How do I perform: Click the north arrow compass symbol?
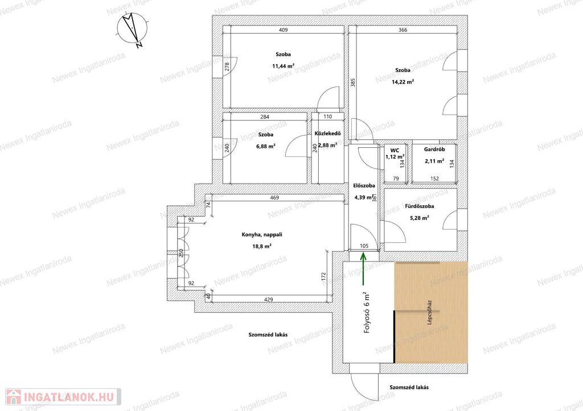(132, 29)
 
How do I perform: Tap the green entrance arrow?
(363, 269)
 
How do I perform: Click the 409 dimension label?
(284, 30)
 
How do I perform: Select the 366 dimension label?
(403, 30)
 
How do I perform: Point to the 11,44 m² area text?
(284, 67)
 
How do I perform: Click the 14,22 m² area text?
(403, 82)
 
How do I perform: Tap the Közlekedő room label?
(327, 134)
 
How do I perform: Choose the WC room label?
(395, 151)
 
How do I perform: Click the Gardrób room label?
(434, 150)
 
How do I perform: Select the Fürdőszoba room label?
(420, 206)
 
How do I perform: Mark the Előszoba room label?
(364, 186)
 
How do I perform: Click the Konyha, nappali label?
(262, 235)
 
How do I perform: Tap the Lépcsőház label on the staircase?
(430, 313)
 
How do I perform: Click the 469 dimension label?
(274, 198)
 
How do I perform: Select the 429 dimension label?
(269, 300)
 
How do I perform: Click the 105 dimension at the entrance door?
(364, 246)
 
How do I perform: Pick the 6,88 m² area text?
(265, 146)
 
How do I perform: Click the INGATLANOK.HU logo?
(63, 397)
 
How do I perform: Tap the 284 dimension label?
(264, 117)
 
